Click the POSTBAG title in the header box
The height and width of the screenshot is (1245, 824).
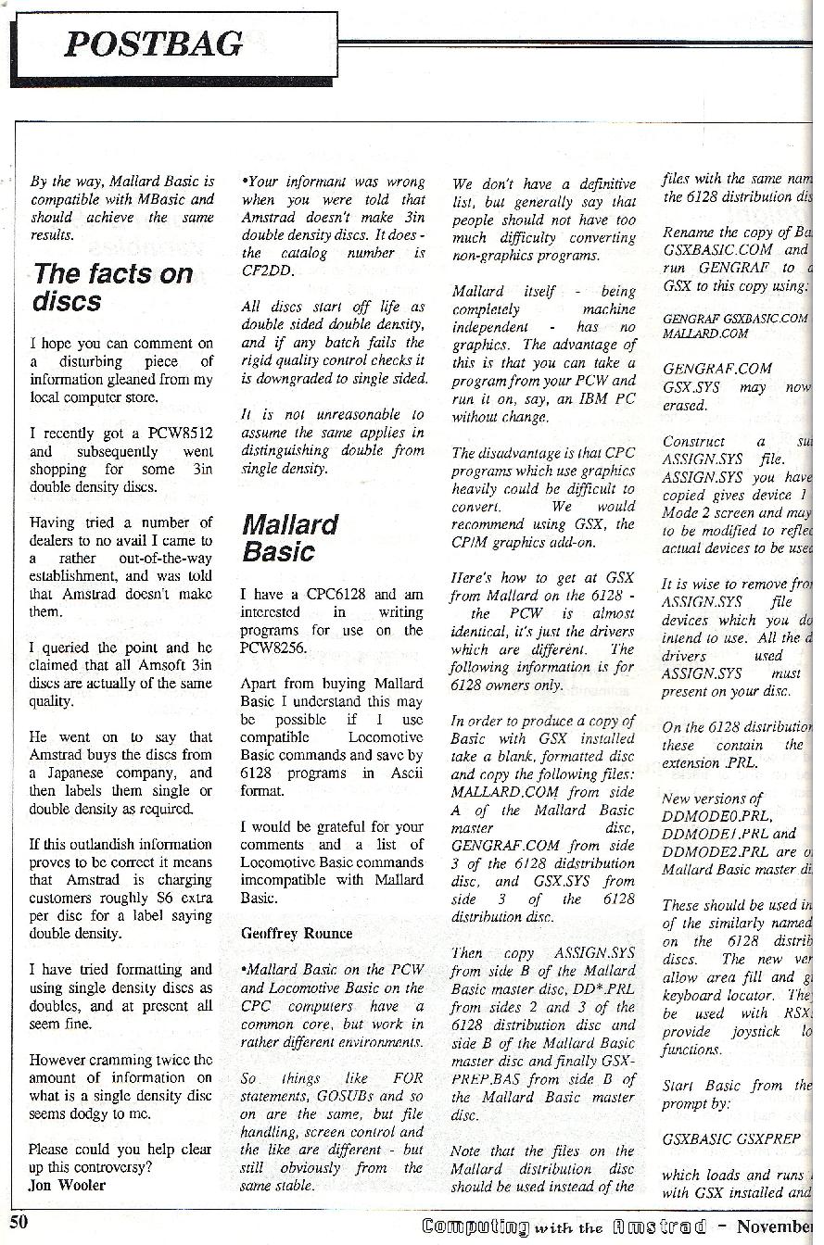click(154, 44)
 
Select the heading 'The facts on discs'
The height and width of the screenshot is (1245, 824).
click(112, 287)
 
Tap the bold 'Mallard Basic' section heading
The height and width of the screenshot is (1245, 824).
click(290, 538)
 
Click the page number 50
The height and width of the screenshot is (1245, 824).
click(19, 1222)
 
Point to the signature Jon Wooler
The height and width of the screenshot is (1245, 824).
click(68, 1185)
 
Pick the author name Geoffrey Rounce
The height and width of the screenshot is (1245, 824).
click(297, 933)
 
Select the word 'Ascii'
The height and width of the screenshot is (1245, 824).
click(403, 773)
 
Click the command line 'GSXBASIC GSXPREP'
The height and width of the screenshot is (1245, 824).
click(731, 1138)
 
